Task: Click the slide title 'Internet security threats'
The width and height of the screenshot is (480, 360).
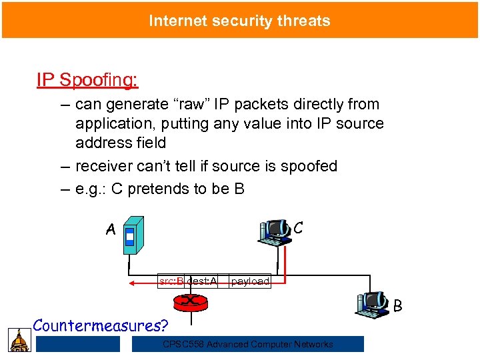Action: pyautogui.click(x=239, y=21)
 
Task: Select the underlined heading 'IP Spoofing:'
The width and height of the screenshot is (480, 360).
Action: pyautogui.click(x=87, y=80)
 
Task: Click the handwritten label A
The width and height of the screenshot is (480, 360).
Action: pyautogui.click(x=111, y=230)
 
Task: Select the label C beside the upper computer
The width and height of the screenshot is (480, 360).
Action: pyautogui.click(x=299, y=227)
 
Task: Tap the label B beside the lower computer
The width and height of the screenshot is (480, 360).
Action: pyautogui.click(x=397, y=306)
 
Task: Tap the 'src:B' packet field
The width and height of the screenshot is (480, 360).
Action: pyautogui.click(x=171, y=282)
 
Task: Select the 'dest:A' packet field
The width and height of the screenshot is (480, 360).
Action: pyautogui.click(x=202, y=282)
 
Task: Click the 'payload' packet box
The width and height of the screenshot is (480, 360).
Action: pyautogui.click(x=250, y=282)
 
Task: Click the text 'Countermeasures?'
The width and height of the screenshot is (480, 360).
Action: pyautogui.click(x=101, y=325)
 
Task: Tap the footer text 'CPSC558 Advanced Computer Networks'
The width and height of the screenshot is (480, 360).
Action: pyautogui.click(x=248, y=344)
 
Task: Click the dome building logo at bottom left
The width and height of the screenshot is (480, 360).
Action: pyautogui.click(x=19, y=340)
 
